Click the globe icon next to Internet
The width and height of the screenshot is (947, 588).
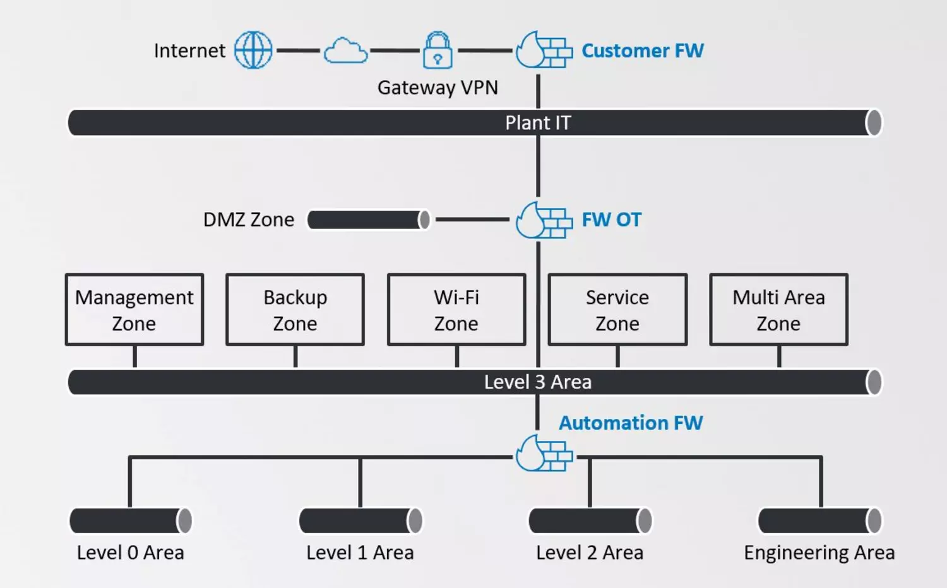tap(253, 50)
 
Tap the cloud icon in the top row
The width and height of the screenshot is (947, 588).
tap(345, 50)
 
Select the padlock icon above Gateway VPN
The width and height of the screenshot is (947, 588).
tap(438, 50)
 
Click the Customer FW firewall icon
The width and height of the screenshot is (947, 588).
tap(543, 50)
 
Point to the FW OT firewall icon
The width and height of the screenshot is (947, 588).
tap(543, 220)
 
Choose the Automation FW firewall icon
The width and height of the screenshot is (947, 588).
tap(544, 453)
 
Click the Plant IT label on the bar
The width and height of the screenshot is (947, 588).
tap(538, 122)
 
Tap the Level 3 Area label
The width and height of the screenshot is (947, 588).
tap(537, 382)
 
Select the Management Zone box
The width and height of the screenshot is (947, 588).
tap(134, 310)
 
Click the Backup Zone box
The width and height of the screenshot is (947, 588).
tap(295, 310)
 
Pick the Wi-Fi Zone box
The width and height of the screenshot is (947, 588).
tap(456, 310)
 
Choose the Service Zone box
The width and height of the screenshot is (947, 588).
tap(617, 310)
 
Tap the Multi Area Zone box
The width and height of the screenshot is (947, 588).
tap(778, 310)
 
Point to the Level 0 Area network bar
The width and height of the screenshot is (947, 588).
tap(130, 521)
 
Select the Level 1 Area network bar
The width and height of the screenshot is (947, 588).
tap(360, 521)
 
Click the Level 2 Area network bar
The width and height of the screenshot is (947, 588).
tap(590, 521)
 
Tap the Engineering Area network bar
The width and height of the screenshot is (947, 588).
tap(819, 521)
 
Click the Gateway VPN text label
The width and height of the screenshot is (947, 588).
tap(438, 87)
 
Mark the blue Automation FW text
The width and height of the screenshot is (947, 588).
tap(631, 423)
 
